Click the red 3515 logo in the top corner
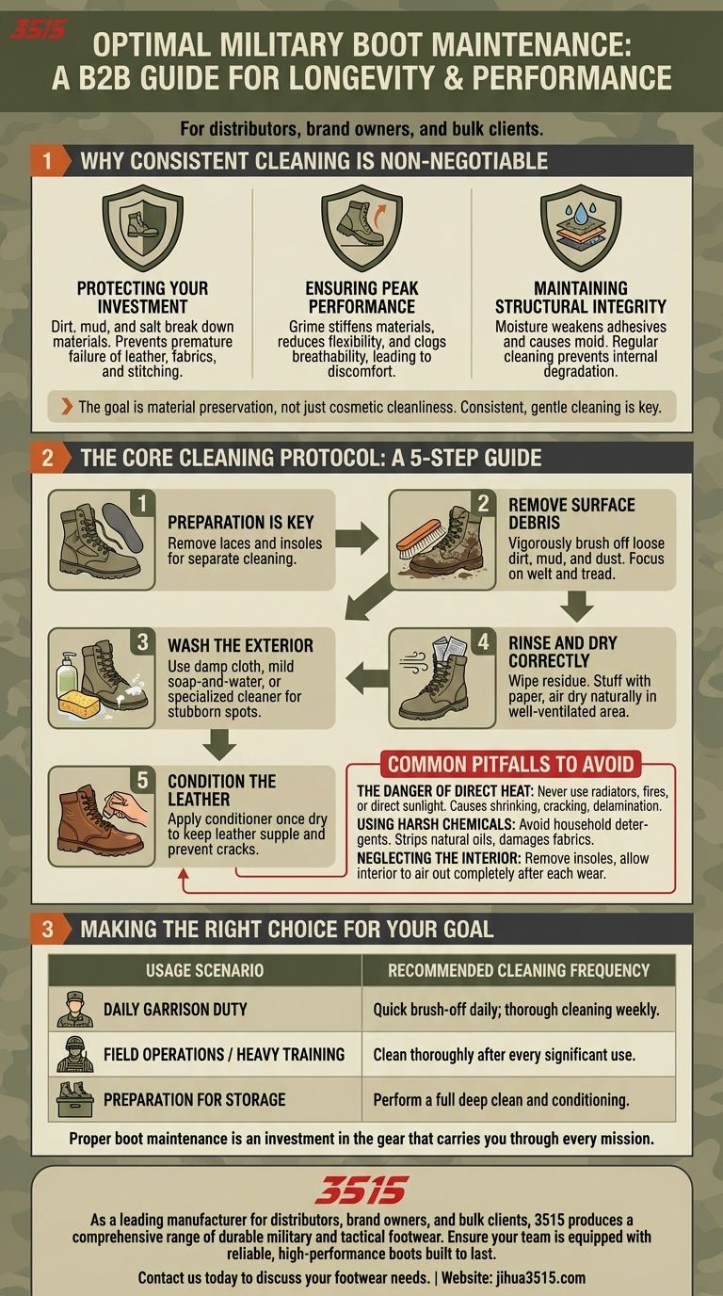coord(39,28)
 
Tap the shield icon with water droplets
coord(581,228)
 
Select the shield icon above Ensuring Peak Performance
coord(361,228)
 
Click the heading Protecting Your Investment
coord(142,298)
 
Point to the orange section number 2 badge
coord(47,458)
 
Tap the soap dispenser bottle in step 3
coord(66,675)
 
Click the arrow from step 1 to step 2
coord(356,538)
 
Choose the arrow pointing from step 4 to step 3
coord(367,678)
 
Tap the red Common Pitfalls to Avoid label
coord(511,764)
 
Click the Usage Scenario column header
coord(204,970)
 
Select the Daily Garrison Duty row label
coord(175,1010)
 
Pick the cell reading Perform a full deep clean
coord(501,1099)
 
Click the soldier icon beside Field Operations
coord(75,1054)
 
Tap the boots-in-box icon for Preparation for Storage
coord(75,1099)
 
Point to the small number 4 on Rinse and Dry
coord(483,641)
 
